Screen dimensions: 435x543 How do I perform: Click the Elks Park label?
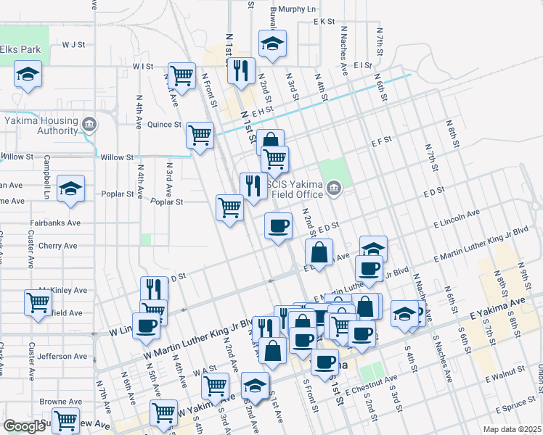pyautogui.click(x=21, y=49)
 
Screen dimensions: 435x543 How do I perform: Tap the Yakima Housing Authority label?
pyautogui.click(x=41, y=125)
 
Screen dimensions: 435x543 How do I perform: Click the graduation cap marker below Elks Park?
pyautogui.click(x=28, y=74)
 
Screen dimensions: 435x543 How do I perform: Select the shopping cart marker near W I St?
pyautogui.click(x=181, y=74)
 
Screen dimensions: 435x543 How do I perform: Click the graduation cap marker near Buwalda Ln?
pyautogui.click(x=272, y=43)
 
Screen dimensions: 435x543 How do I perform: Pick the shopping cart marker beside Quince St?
pyautogui.click(x=200, y=134)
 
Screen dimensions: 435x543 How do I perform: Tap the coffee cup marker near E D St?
pyautogui.click(x=277, y=227)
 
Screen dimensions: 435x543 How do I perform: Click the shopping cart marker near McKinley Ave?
pyautogui.click(x=38, y=302)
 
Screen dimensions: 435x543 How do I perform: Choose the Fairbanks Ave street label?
pyautogui.click(x=53, y=223)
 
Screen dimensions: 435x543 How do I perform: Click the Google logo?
pyautogui.click(x=24, y=426)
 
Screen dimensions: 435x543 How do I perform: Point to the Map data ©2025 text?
pyautogui.click(x=512, y=429)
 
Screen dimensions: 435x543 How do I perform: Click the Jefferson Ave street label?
pyautogui.click(x=62, y=357)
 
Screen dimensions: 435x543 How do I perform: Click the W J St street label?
pyautogui.click(x=74, y=44)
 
